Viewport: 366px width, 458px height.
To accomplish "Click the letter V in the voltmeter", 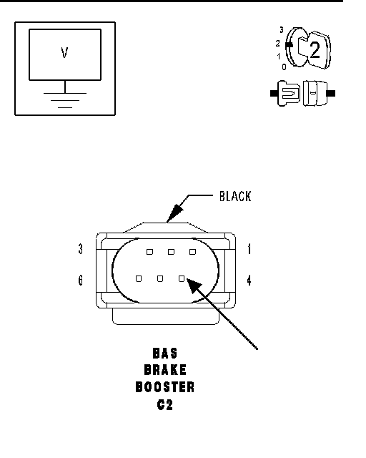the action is point(64,53).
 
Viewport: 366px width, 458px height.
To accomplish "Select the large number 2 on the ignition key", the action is point(315,49).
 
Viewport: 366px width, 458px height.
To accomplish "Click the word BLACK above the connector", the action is point(235,196).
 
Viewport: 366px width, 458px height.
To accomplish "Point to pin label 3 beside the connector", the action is point(81,249).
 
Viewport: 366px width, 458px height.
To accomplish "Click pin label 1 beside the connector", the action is point(249,249).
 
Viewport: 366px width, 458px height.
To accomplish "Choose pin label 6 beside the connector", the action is point(81,280).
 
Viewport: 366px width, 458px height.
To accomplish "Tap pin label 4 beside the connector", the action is point(249,281).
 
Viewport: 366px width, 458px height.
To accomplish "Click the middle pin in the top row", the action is point(171,252).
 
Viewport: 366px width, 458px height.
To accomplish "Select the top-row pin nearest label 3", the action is point(149,252).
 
